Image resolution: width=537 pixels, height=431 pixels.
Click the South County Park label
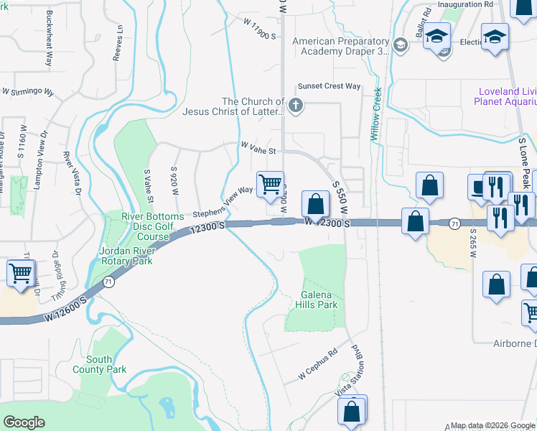tap(99, 364)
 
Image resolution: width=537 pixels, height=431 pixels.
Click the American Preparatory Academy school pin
tap(401, 46)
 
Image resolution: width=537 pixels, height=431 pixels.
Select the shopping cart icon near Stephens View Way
tap(270, 184)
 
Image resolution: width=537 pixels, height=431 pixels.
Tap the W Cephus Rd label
tap(317, 367)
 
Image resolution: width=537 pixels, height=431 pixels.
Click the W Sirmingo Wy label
tap(28, 92)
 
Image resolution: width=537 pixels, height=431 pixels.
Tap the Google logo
tap(24, 422)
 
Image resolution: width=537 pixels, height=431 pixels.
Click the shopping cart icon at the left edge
tap(20, 273)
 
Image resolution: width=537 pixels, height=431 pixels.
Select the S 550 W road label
tap(340, 195)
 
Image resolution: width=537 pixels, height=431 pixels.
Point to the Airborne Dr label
tap(510, 344)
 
